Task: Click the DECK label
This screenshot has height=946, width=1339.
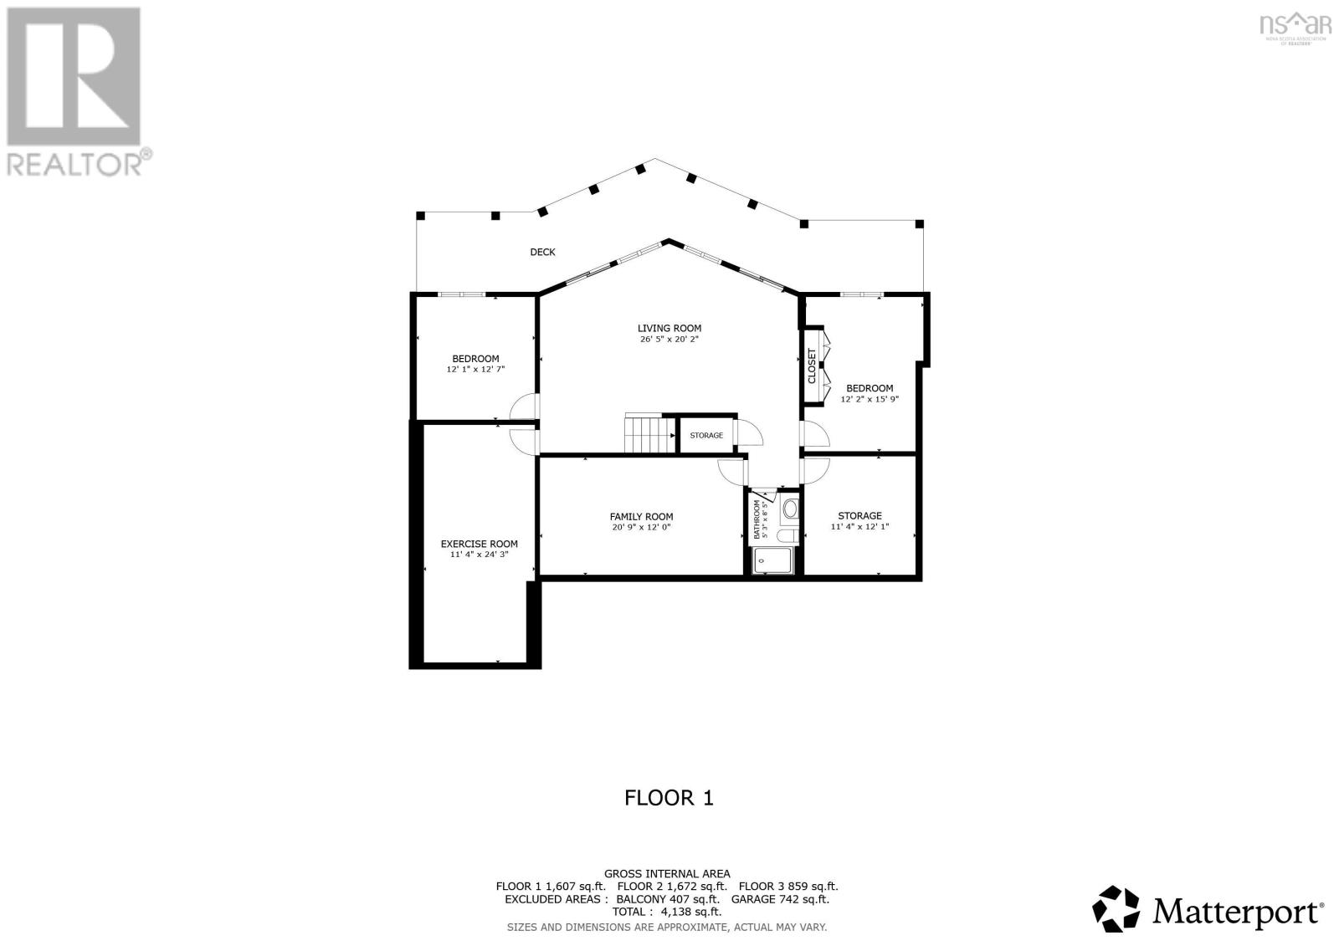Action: pyautogui.click(x=542, y=252)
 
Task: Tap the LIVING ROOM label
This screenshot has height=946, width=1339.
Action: pyautogui.click(x=669, y=328)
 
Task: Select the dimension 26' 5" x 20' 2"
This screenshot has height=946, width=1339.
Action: pyautogui.click(x=669, y=340)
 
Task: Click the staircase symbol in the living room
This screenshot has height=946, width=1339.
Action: pyautogui.click(x=649, y=433)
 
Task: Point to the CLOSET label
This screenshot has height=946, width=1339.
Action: pyautogui.click(x=812, y=366)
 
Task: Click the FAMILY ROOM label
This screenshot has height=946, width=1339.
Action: pyautogui.click(x=641, y=516)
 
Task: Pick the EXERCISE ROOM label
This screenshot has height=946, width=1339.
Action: pyautogui.click(x=479, y=544)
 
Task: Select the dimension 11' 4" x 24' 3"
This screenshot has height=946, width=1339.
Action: pyautogui.click(x=479, y=555)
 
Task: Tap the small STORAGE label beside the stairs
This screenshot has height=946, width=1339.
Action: pyautogui.click(x=706, y=435)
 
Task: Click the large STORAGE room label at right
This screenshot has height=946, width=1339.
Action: pyautogui.click(x=859, y=515)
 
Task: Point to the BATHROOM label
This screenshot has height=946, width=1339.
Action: pyautogui.click(x=757, y=519)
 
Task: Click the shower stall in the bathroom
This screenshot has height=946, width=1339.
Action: pyautogui.click(x=772, y=561)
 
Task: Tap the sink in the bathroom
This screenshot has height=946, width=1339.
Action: pyautogui.click(x=790, y=508)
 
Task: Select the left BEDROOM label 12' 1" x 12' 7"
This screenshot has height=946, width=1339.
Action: pyautogui.click(x=475, y=358)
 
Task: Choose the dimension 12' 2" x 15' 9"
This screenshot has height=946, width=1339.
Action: pyautogui.click(x=870, y=400)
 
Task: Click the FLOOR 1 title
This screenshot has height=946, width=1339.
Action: pyautogui.click(x=669, y=797)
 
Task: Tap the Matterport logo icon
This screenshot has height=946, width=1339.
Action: pyautogui.click(x=1116, y=908)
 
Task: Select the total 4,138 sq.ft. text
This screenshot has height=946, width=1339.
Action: pyautogui.click(x=667, y=912)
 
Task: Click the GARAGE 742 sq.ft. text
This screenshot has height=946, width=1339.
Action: pyautogui.click(x=780, y=899)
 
